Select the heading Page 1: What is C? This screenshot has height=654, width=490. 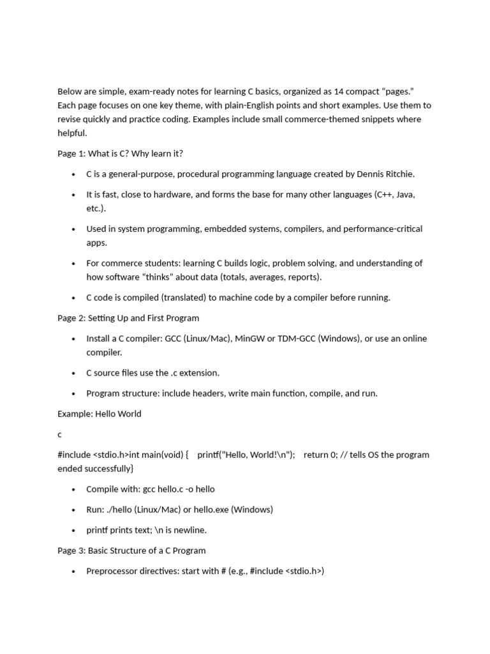coord(120,153)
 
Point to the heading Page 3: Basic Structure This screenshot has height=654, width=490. coord(131,551)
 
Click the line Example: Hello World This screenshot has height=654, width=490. coord(100,414)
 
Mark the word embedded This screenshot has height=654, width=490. coord(225,229)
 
